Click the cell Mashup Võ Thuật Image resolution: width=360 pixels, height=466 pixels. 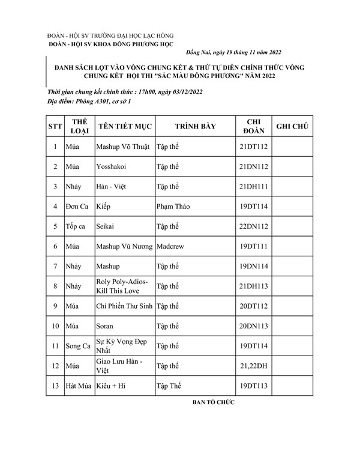(123, 147)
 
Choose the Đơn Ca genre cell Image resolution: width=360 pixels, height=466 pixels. (77, 206)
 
